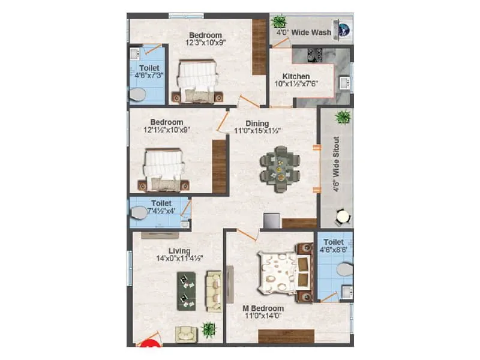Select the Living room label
(x=179, y=251)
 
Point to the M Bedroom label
(x=263, y=308)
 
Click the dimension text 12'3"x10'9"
(x=205, y=43)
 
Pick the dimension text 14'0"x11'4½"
(x=179, y=259)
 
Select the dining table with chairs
(x=280, y=167)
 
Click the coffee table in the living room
(x=187, y=291)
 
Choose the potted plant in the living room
(x=209, y=329)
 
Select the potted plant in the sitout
(x=343, y=116)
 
